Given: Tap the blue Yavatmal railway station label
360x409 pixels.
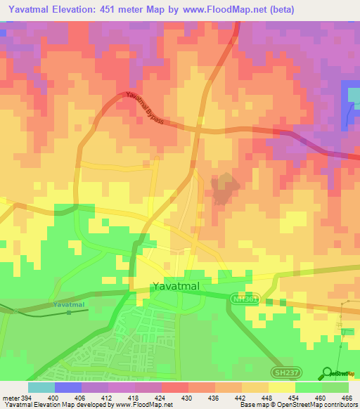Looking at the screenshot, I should coord(68,304).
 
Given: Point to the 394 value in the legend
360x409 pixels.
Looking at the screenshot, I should coord(27,397).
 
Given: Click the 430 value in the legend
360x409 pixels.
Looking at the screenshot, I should coord(188,397).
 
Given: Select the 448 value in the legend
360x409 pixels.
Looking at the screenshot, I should coord(268,397).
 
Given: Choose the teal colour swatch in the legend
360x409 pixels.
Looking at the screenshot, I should coord(41,387).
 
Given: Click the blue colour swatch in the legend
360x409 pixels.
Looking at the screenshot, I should coord(67,387).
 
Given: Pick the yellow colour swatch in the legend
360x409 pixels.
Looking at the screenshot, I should coord(281,387).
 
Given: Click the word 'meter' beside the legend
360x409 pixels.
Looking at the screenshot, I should coord(11,397).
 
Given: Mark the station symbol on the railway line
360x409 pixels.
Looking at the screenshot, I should coord(68,312).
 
